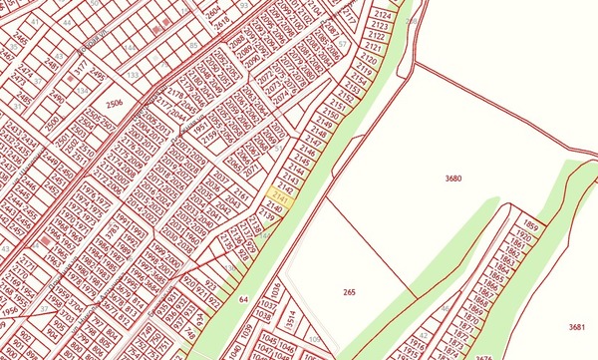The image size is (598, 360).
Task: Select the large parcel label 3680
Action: (453, 178)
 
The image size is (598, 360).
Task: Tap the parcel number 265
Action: (349, 292)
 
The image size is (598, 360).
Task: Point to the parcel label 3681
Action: (576, 327)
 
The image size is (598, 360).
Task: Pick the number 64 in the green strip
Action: (243, 298)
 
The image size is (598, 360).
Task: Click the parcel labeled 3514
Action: (291, 320)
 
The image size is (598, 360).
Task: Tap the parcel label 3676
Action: (484, 355)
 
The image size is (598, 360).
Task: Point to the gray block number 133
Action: (132, 74)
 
